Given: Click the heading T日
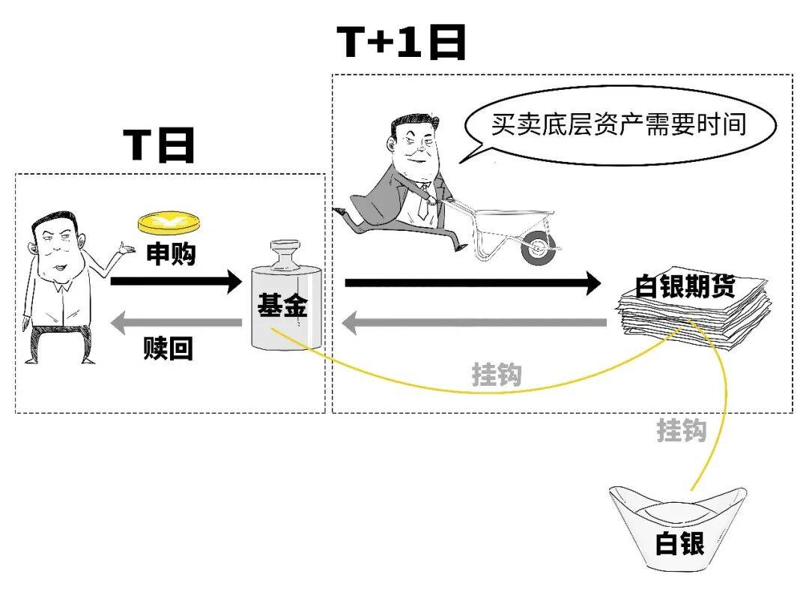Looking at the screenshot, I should coord(158,145).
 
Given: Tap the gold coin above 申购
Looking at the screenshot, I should coord(169,223).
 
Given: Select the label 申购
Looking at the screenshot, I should coord(170,254).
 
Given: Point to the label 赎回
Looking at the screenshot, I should coord(168,348).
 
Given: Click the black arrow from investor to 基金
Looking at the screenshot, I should coord(175,283).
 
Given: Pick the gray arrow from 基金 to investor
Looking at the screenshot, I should coord(175,323).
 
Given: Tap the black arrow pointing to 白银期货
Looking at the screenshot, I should coord(472,283).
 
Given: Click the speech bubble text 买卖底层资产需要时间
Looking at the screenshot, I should coord(618,124).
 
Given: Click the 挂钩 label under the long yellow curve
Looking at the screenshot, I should coord(496,374).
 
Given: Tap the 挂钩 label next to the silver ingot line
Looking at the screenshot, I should coord(682,430).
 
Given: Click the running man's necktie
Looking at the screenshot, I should coord(423,205).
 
